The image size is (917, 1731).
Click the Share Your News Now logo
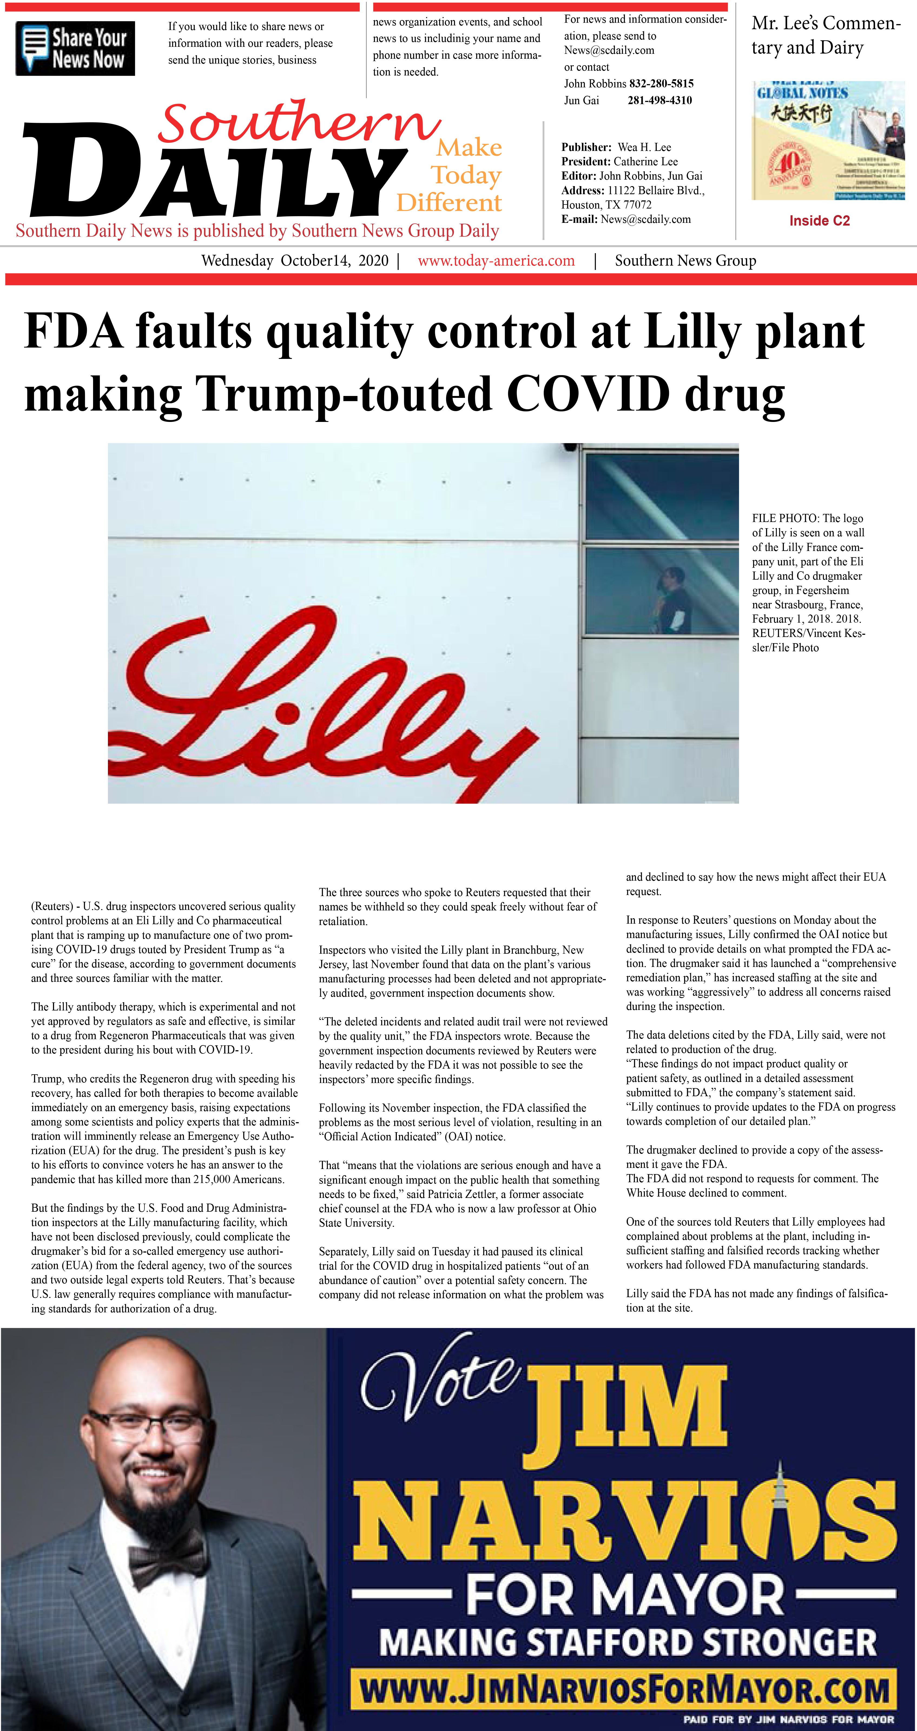tap(75, 48)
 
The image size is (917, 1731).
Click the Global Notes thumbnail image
tap(827, 140)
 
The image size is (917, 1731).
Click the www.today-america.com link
tap(496, 261)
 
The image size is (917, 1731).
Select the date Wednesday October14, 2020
tap(295, 261)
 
